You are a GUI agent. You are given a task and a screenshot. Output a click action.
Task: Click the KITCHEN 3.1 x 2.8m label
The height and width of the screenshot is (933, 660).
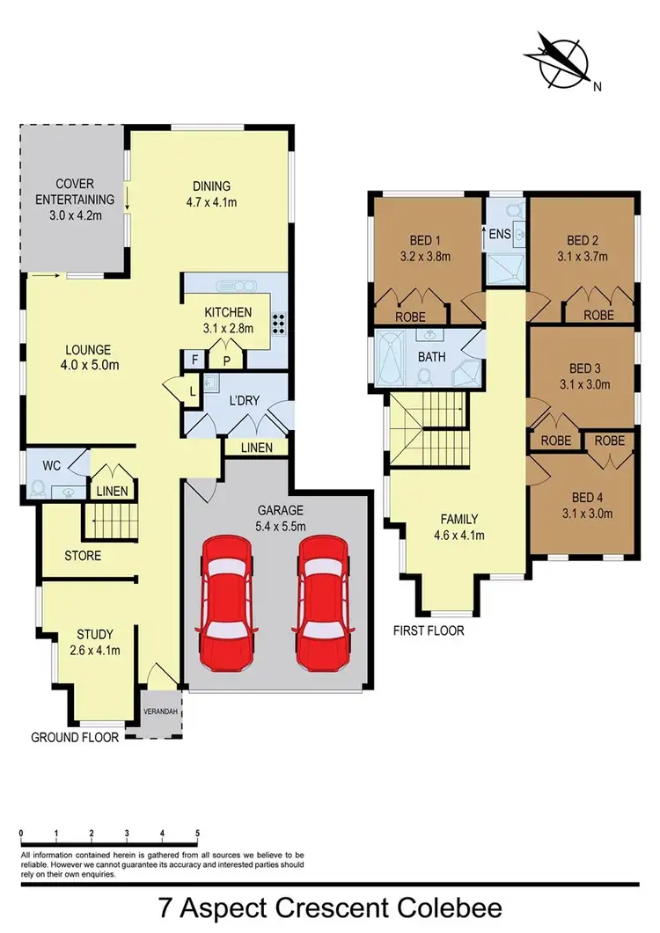coord(228,320)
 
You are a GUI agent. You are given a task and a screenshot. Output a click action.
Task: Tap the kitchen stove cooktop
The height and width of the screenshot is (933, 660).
coord(279,324)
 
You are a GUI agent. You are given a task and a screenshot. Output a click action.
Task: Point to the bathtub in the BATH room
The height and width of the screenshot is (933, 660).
coord(389,360)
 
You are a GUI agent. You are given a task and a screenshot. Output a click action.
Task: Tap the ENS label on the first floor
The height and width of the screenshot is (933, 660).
coord(500,234)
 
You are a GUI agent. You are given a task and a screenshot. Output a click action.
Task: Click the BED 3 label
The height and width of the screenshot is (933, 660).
coord(584,376)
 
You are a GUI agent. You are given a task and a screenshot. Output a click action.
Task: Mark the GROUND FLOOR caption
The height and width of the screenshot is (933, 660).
coord(75,738)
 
